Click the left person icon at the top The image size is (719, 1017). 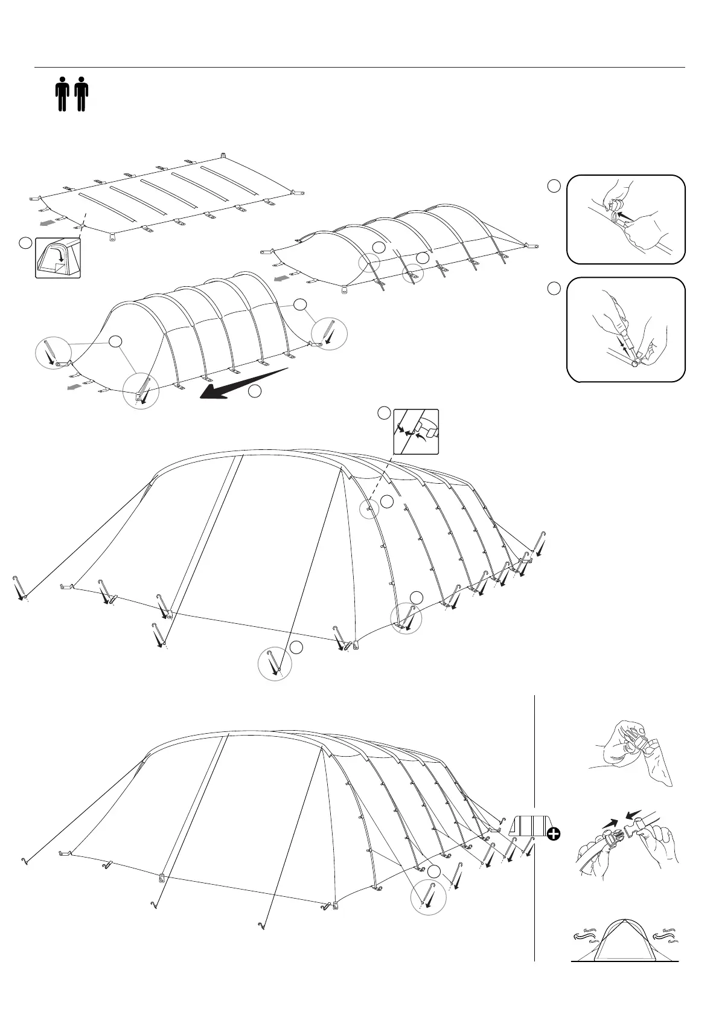click(62, 94)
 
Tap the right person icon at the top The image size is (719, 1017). click(81, 94)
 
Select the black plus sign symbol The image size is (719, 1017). click(553, 834)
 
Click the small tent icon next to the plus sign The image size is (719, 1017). click(528, 826)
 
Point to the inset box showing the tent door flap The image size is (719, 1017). click(58, 257)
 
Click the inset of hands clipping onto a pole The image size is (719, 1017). click(626, 219)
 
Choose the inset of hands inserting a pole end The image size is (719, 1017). click(626, 330)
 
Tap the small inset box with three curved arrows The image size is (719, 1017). click(416, 431)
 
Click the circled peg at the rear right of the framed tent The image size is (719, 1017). click(329, 333)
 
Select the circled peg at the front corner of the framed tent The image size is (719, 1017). click(141, 391)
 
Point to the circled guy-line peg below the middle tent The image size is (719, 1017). click(275, 664)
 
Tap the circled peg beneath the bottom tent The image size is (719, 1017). click(428, 898)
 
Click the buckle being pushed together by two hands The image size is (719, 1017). click(628, 839)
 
